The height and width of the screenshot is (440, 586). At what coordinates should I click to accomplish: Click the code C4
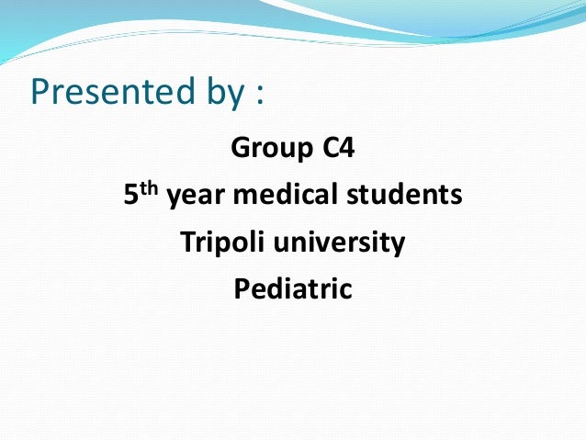(337, 147)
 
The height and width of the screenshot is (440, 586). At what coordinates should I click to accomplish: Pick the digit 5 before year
(130, 196)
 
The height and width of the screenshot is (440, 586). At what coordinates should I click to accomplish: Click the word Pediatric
(293, 290)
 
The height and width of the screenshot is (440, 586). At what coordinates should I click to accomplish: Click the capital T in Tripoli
(186, 243)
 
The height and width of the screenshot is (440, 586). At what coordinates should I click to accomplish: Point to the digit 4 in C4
(345, 147)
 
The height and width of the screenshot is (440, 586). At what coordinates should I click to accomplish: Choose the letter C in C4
(330, 147)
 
